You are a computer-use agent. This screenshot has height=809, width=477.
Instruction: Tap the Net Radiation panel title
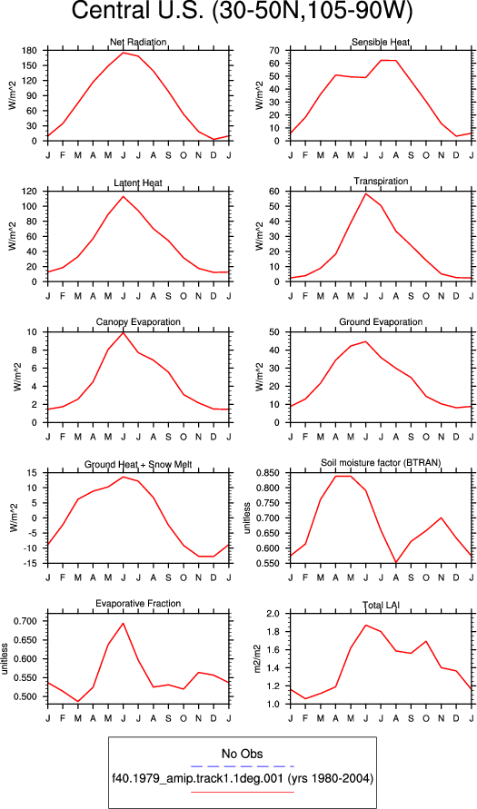[138, 42]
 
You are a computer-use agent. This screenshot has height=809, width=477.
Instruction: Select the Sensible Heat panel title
[381, 42]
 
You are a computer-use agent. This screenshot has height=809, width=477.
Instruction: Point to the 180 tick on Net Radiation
[30, 51]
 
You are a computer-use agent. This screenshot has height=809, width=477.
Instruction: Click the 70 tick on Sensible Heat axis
[274, 51]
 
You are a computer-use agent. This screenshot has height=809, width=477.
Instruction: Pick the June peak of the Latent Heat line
[124, 196]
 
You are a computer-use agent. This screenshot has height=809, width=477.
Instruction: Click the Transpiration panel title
[381, 181]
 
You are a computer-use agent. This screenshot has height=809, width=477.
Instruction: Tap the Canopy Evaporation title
[138, 322]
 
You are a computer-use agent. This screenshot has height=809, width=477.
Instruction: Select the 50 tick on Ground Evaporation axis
[274, 332]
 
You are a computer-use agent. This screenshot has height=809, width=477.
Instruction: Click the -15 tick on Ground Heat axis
[31, 564]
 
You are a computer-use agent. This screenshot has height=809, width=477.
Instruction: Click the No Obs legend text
[242, 754]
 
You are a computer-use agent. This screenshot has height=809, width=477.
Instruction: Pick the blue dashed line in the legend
[242, 765]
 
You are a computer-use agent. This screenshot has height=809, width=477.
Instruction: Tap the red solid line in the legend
[242, 792]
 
